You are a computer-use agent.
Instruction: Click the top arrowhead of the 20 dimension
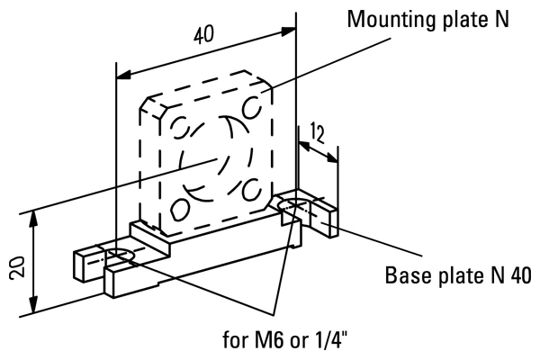tap(34, 216)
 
